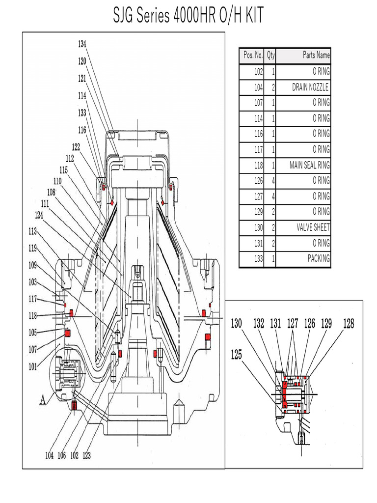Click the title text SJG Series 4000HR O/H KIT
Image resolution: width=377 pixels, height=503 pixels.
(188, 16)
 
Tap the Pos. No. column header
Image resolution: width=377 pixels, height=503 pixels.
(252, 56)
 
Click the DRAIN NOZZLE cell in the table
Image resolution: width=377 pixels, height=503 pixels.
(310, 87)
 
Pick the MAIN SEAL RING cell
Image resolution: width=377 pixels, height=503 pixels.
(309, 165)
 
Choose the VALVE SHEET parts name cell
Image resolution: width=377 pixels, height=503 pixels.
(313, 227)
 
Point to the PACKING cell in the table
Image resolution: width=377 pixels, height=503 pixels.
(318, 258)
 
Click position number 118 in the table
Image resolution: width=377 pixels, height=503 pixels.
(258, 165)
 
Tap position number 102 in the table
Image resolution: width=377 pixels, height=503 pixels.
(258, 72)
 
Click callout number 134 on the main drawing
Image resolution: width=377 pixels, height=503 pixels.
(82, 44)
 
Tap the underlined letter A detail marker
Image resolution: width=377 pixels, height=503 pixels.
(43, 400)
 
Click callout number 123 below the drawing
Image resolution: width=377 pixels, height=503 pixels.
(86, 455)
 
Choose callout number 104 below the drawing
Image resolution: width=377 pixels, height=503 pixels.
(49, 455)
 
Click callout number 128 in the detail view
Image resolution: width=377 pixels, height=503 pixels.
(349, 323)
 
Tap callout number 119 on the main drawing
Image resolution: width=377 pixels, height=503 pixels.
(32, 248)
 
